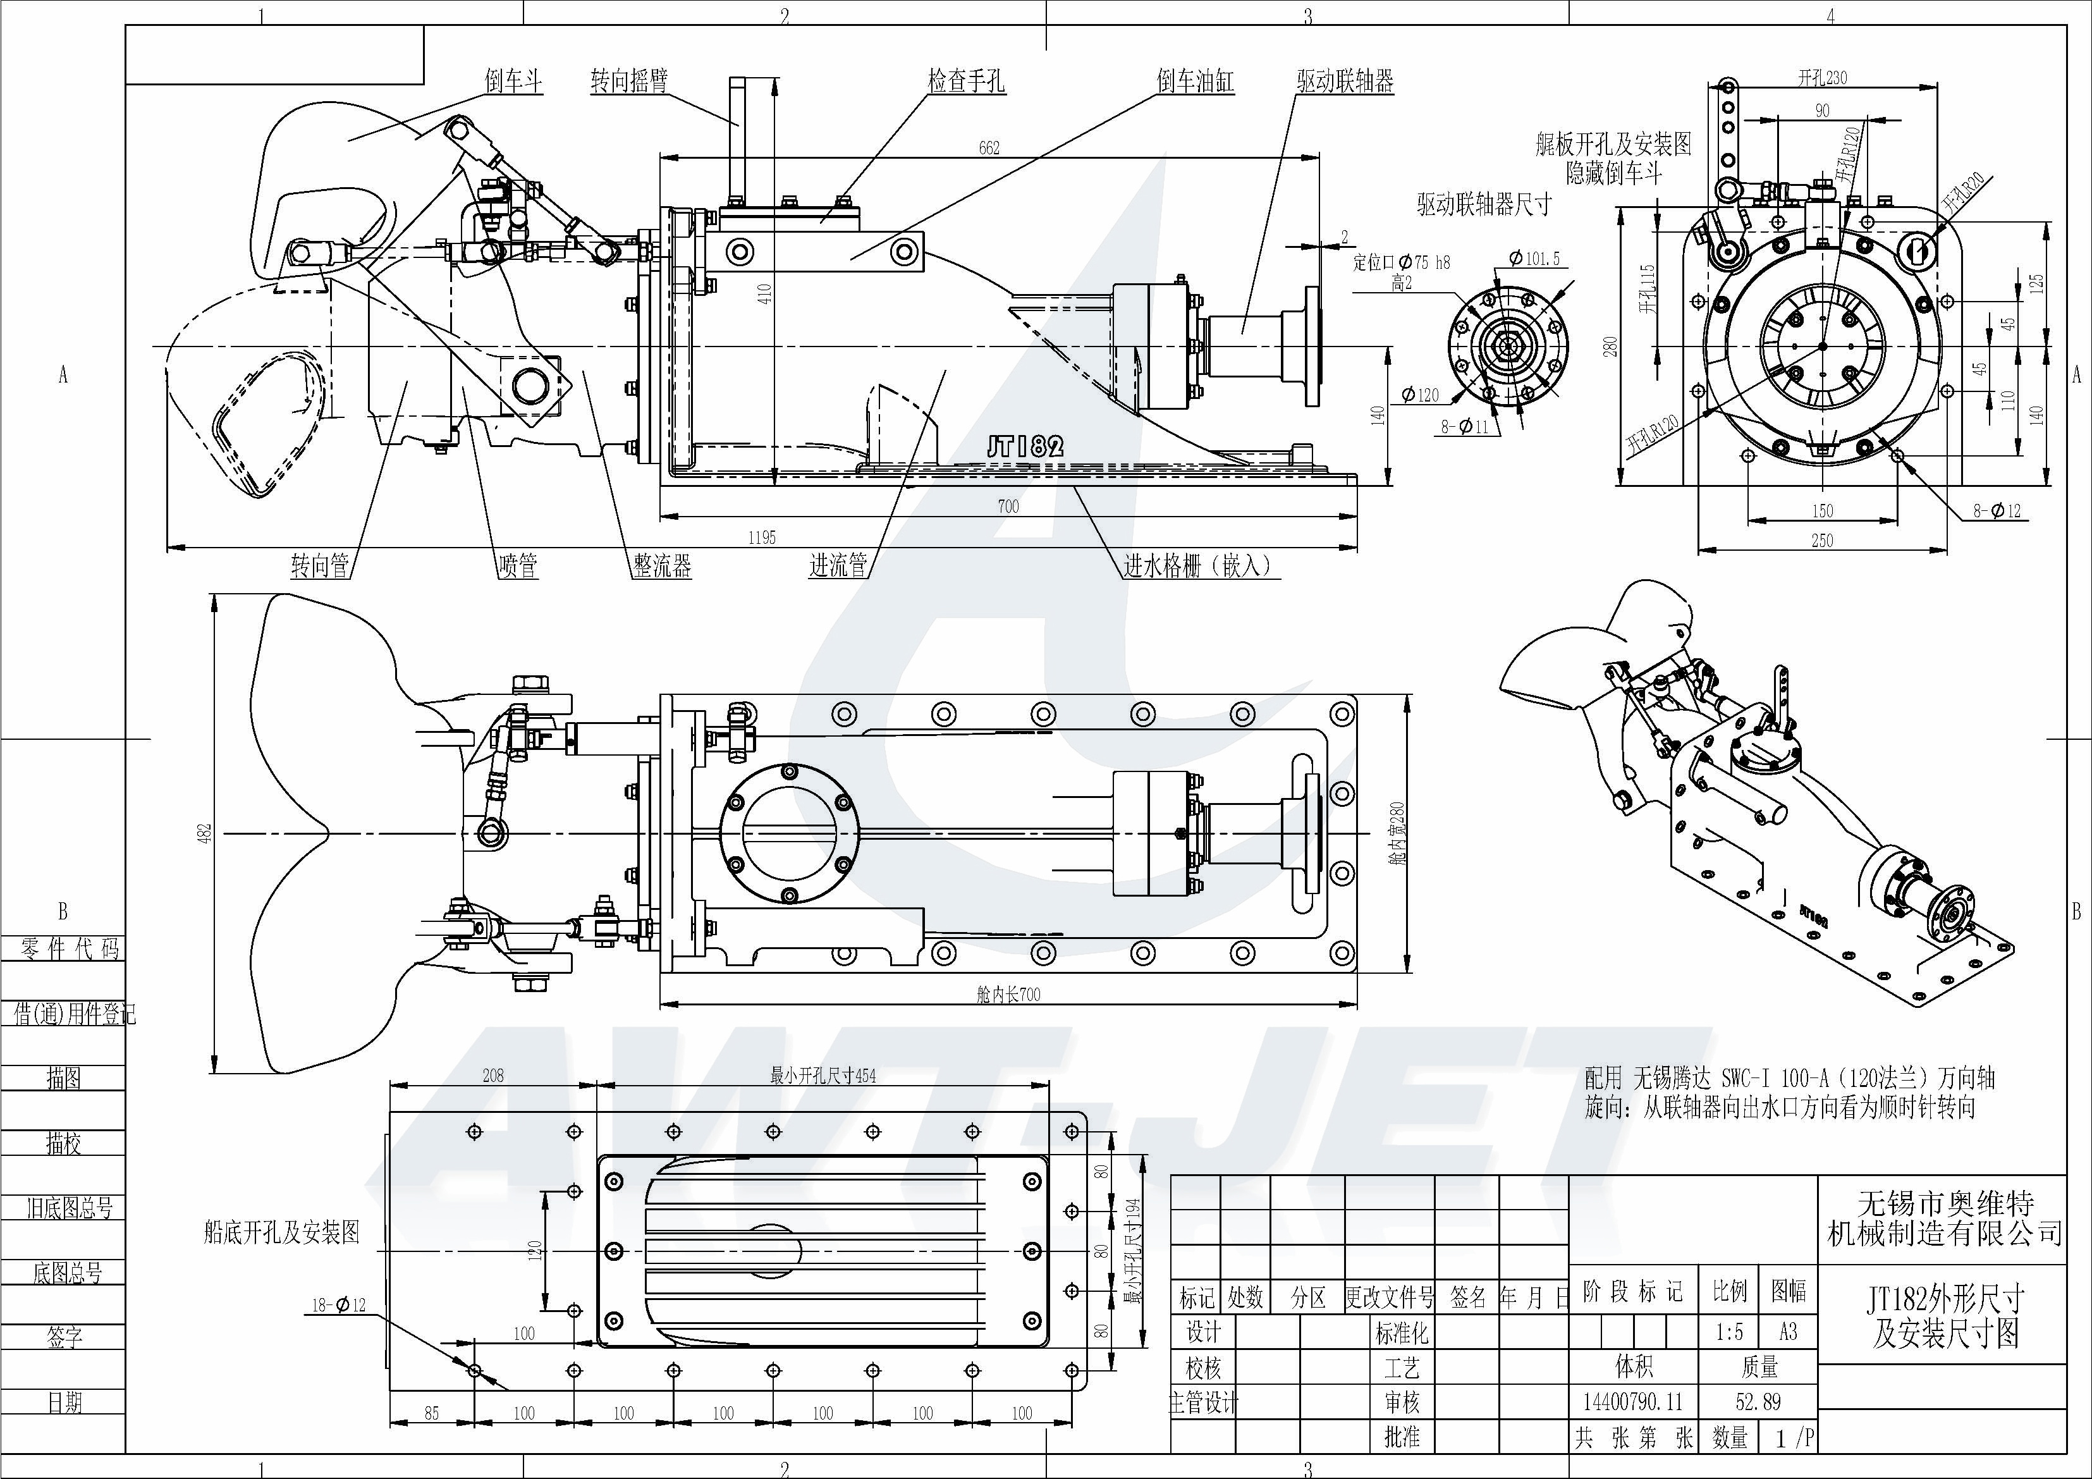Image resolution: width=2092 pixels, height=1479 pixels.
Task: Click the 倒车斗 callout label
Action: pyautogui.click(x=513, y=81)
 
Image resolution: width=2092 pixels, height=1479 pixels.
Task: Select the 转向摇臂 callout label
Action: pyautogui.click(x=628, y=81)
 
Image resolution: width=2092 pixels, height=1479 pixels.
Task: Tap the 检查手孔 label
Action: pyautogui.click(x=966, y=81)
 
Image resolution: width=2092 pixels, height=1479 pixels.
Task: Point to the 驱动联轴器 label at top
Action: pyautogui.click(x=1345, y=81)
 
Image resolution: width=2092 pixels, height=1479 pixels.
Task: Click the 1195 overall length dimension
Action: pyautogui.click(x=762, y=537)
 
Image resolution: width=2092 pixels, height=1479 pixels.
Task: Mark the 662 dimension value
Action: pyautogui.click(x=989, y=147)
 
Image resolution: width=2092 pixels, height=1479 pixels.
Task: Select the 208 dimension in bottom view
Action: pyautogui.click(x=493, y=1076)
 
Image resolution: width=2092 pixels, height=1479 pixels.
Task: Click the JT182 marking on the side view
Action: pyautogui.click(x=1025, y=446)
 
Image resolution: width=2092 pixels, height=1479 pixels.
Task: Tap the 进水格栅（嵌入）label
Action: pyautogui.click(x=1196, y=566)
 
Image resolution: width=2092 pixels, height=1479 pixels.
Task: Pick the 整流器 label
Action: pyautogui.click(x=663, y=566)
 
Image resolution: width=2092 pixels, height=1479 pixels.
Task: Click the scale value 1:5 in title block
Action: pyautogui.click(x=1728, y=1332)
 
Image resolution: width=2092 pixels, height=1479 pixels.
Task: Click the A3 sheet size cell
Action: pyautogui.click(x=1788, y=1332)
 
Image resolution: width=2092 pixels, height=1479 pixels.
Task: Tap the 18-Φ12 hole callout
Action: pyautogui.click(x=338, y=1306)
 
